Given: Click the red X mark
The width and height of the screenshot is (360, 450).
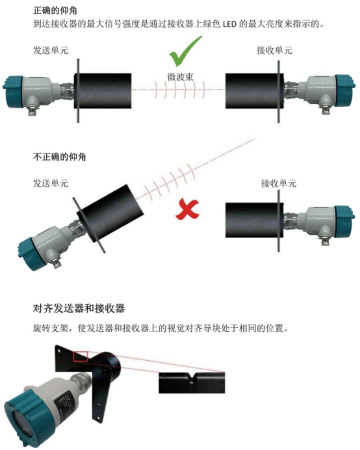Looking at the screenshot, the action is click(x=187, y=210).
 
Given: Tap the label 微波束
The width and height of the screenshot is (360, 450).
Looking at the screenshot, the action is click(x=180, y=77).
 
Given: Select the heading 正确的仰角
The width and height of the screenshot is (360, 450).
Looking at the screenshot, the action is click(x=55, y=10).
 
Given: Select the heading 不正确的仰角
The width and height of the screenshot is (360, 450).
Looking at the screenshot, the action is click(x=59, y=157).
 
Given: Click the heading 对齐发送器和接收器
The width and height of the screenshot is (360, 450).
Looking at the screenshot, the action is click(x=79, y=308).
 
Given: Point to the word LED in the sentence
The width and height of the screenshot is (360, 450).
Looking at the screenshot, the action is click(x=229, y=24).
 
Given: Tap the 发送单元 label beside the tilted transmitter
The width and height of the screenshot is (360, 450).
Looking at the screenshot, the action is click(x=51, y=183).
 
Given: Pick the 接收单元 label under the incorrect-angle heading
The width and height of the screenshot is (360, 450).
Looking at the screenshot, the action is click(x=279, y=183).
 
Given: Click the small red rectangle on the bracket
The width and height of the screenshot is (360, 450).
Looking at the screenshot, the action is click(x=81, y=356).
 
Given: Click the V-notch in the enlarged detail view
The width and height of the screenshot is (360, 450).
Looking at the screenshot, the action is click(x=192, y=378).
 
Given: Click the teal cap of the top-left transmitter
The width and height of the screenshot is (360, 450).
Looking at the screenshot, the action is click(x=12, y=92).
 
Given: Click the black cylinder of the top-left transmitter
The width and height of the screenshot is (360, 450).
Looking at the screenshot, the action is click(x=103, y=90).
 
